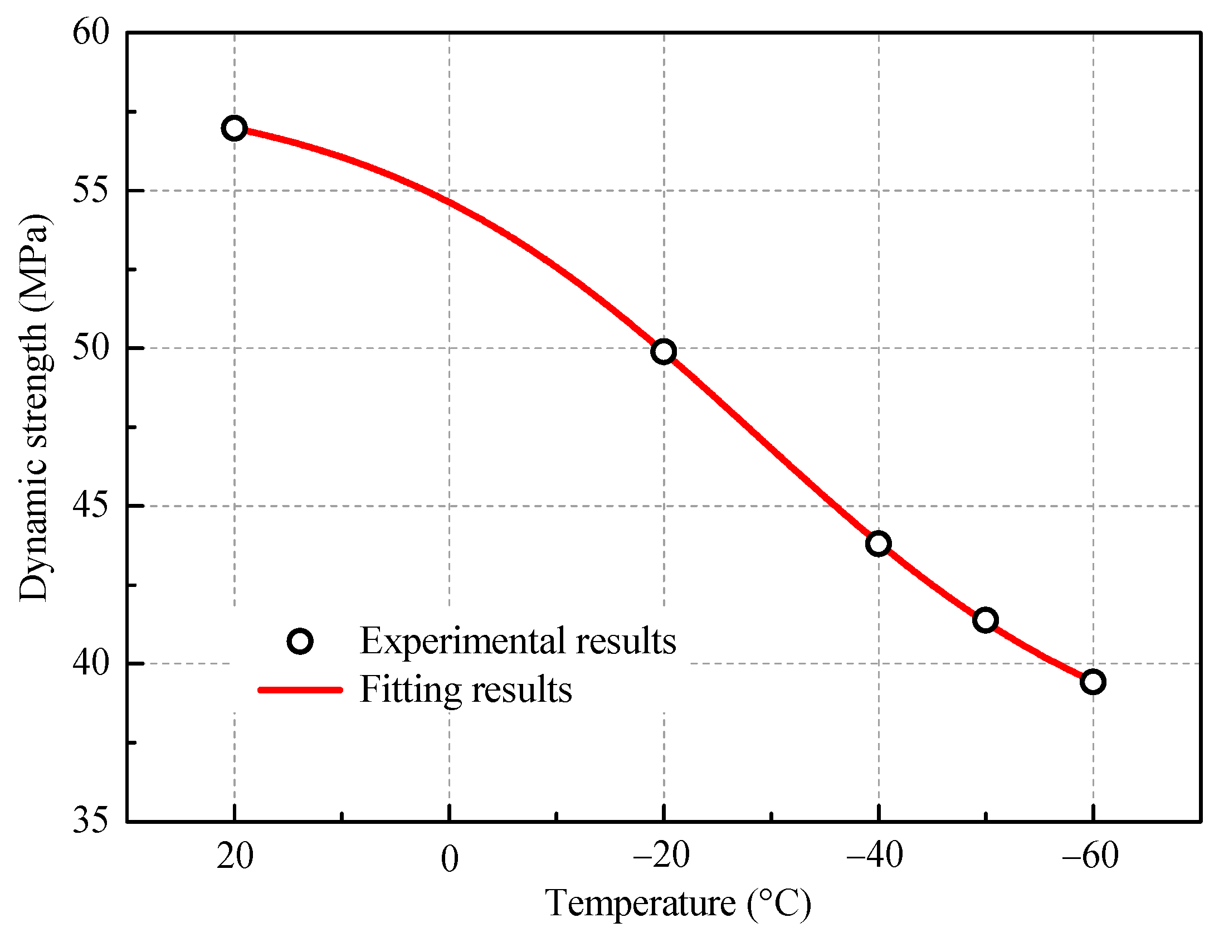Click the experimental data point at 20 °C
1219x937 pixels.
[234, 128]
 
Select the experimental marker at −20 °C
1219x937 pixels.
[664, 352]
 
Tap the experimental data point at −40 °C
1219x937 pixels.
[879, 544]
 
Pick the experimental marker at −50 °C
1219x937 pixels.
[985, 620]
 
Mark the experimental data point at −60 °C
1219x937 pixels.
[1093, 682]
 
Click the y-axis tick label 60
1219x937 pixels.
[90, 32]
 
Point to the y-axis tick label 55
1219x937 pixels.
[90, 191]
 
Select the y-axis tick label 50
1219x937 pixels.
[90, 348]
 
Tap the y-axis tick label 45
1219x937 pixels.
[90, 506]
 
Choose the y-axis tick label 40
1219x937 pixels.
[90, 664]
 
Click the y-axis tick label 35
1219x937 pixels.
[90, 821]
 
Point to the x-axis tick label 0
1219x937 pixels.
[449, 860]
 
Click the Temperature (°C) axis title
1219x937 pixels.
[678, 904]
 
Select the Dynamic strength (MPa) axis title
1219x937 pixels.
[35, 407]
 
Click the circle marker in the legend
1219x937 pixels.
[300, 642]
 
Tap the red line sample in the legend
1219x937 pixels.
[300, 691]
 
